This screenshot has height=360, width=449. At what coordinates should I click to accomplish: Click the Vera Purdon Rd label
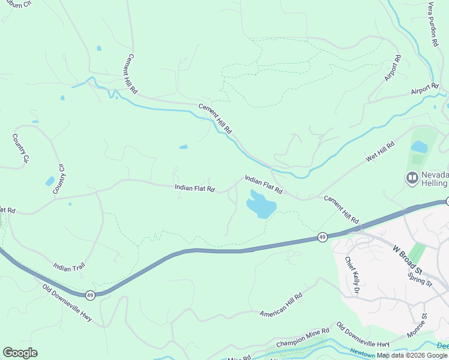tap(433, 28)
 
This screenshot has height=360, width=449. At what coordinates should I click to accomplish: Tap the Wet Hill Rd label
tap(381, 152)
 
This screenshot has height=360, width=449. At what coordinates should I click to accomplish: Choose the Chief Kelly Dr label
tap(352, 275)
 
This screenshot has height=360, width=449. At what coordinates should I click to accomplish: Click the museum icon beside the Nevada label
tap(412, 178)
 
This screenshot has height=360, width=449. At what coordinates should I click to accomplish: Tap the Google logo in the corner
tap(20, 353)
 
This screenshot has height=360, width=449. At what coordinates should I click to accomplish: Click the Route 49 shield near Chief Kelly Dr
tap(322, 238)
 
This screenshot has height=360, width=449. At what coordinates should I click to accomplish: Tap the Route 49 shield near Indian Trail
tap(90, 295)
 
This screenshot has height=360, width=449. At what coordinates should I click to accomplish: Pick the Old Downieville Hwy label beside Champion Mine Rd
tap(363, 335)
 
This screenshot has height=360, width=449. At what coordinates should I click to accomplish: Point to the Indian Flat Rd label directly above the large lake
tap(264, 184)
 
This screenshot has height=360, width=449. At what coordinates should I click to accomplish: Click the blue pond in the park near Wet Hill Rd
tap(419, 147)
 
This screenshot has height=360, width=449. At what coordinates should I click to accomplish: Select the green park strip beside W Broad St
tap(417, 253)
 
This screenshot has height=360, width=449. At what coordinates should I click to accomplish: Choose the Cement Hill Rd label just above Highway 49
tap(341, 208)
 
